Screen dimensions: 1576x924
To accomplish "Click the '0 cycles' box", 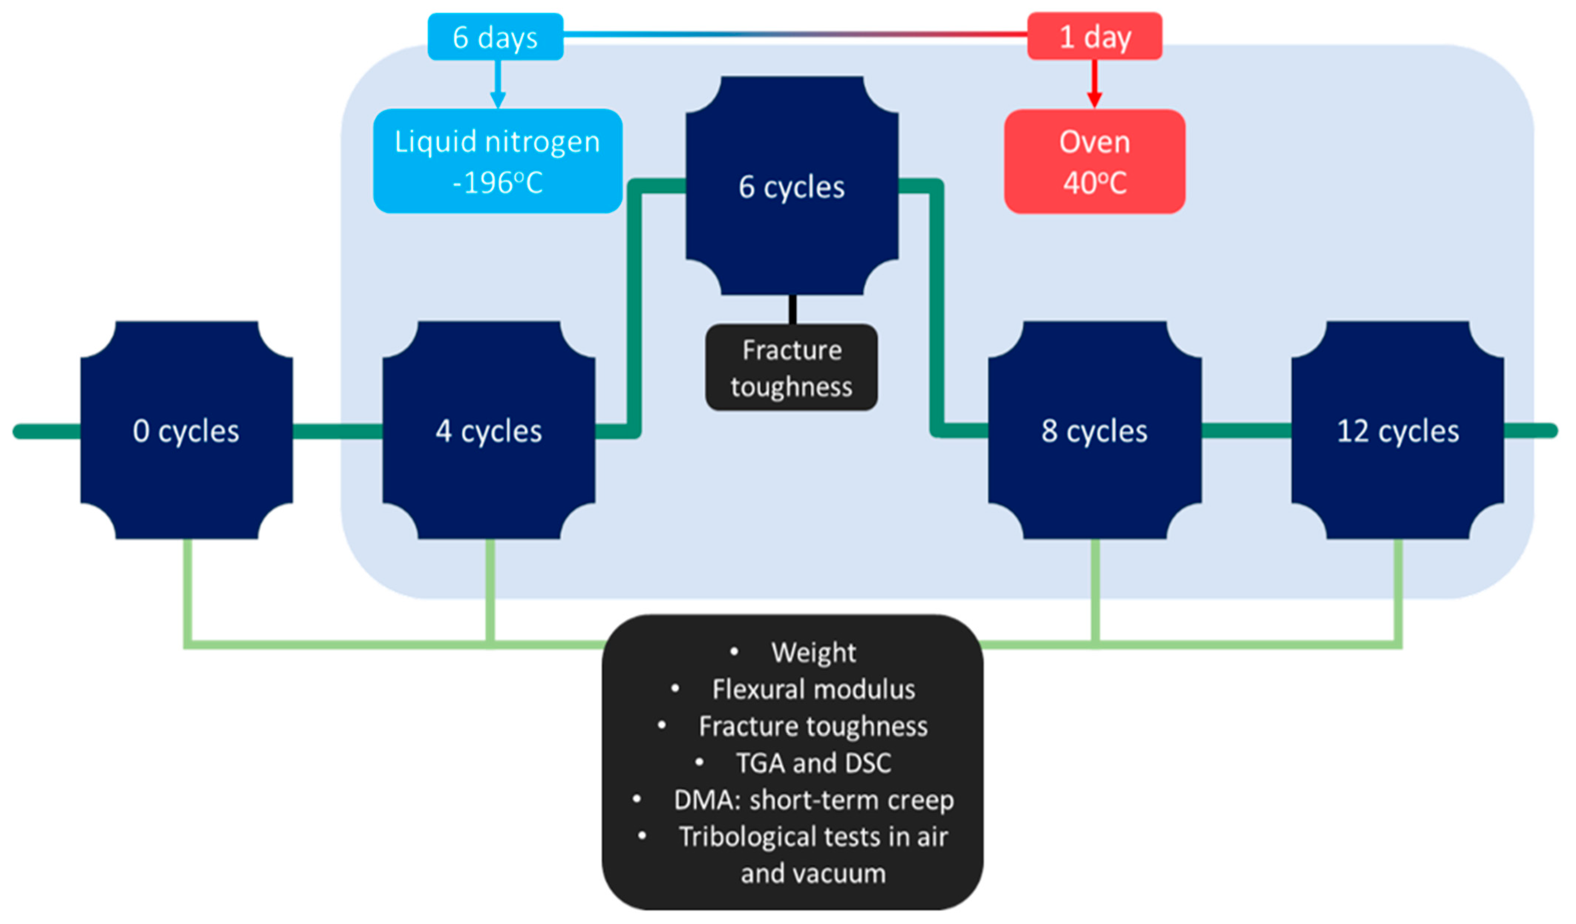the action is pyautogui.click(x=186, y=430).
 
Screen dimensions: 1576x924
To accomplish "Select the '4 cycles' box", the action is pyautogui.click(x=489, y=430).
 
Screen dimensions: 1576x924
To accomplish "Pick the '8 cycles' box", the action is pyautogui.click(x=1095, y=430).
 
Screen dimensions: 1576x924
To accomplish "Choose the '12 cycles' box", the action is pyautogui.click(x=1398, y=430).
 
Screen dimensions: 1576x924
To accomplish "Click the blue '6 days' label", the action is pyautogui.click(x=495, y=37).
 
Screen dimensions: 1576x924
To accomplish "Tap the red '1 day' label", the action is pyautogui.click(x=1095, y=36).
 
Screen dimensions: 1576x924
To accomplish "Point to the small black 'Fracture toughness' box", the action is pyautogui.click(x=792, y=367).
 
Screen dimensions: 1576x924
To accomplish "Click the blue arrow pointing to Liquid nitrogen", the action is pyautogui.click(x=498, y=84).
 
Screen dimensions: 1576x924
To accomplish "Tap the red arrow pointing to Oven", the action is pyautogui.click(x=1095, y=84).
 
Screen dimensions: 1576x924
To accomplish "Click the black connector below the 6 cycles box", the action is pyautogui.click(x=792, y=310).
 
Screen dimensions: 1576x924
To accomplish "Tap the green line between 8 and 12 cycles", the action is pyautogui.click(x=1246, y=430).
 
